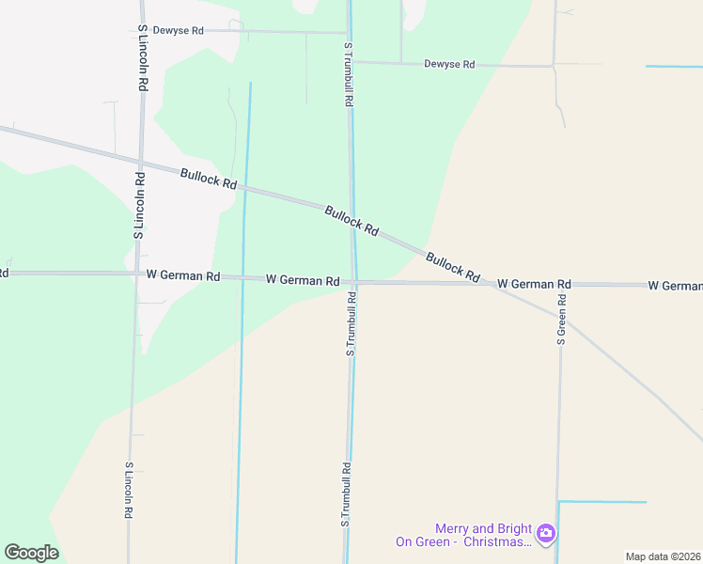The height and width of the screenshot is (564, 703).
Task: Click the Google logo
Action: pyautogui.click(x=31, y=553)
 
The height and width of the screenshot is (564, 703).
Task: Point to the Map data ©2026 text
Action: pyautogui.click(x=663, y=556)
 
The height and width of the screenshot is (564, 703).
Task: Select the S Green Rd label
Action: pyautogui.click(x=561, y=320)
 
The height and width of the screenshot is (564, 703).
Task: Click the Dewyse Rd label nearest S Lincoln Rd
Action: pyautogui.click(x=179, y=31)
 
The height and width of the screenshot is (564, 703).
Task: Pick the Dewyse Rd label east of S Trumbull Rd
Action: pyautogui.click(x=449, y=65)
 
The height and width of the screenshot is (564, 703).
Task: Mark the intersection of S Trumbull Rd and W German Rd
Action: pyautogui.click(x=354, y=281)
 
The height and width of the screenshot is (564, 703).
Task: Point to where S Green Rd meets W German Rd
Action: pyautogui.click(x=560, y=284)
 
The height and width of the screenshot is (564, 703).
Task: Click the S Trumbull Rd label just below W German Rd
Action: pyautogui.click(x=351, y=324)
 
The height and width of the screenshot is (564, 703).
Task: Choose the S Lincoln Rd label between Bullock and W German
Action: pyautogui.click(x=138, y=205)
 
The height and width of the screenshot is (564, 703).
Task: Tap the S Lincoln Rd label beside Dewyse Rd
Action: pyautogui.click(x=143, y=57)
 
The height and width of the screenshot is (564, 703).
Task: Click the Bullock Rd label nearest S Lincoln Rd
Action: pyautogui.click(x=209, y=178)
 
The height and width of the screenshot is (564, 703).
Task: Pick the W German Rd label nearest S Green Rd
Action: pyautogui.click(x=534, y=284)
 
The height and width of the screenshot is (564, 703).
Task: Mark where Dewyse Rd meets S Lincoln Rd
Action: pyautogui.click(x=142, y=30)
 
